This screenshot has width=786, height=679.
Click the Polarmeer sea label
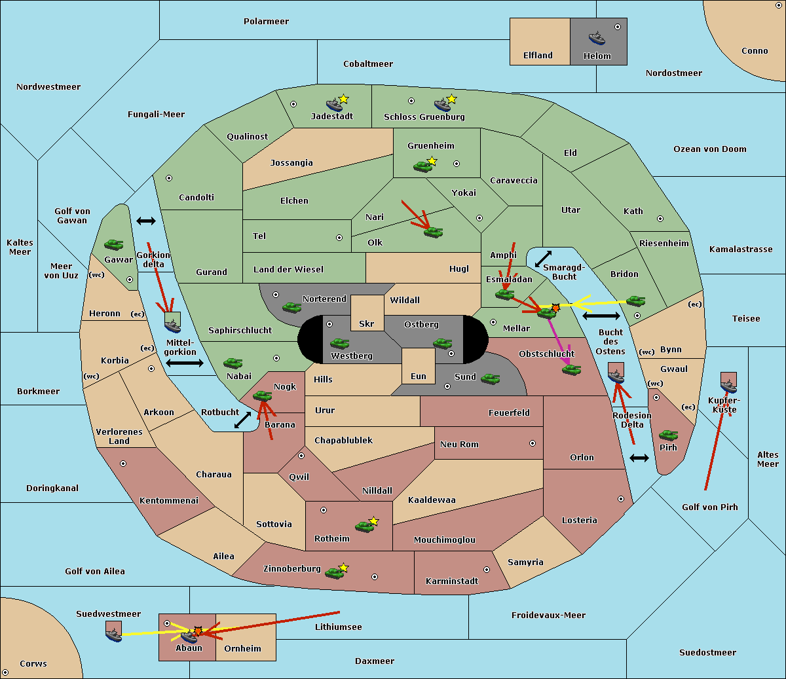(266, 22)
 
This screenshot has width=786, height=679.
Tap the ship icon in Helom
(597, 37)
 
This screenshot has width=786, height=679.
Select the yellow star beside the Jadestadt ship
(343, 99)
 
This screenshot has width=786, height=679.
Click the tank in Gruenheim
(422, 166)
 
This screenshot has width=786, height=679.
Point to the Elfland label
(538, 56)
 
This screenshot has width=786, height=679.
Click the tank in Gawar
(113, 245)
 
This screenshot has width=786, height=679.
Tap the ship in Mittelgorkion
(172, 325)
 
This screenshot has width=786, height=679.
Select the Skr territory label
(367, 323)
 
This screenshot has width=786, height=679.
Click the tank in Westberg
(339, 343)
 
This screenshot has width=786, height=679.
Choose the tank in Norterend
(291, 307)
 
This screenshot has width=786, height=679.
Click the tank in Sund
(490, 378)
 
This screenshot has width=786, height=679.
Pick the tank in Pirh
(668, 435)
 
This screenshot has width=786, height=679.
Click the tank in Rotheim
(364, 526)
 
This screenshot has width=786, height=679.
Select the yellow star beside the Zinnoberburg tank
(343, 568)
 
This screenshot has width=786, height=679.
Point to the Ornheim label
(242, 649)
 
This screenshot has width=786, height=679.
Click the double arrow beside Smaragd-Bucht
(543, 259)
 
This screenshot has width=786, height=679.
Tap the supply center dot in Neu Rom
(533, 443)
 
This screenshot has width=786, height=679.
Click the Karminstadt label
(452, 581)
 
